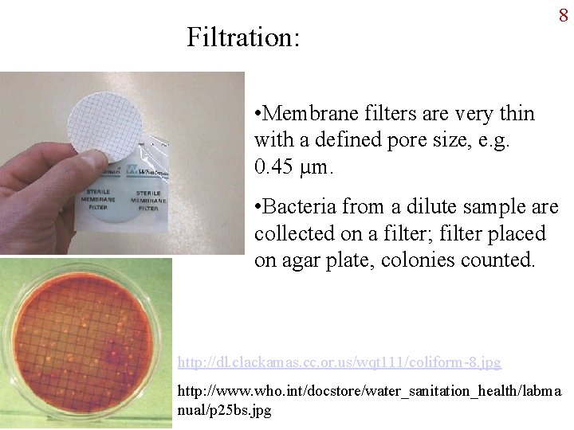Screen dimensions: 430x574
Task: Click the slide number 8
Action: pos(563,15)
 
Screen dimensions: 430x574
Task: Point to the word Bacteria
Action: pos(299,208)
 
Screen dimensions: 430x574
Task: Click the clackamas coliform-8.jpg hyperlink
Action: pos(339,362)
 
